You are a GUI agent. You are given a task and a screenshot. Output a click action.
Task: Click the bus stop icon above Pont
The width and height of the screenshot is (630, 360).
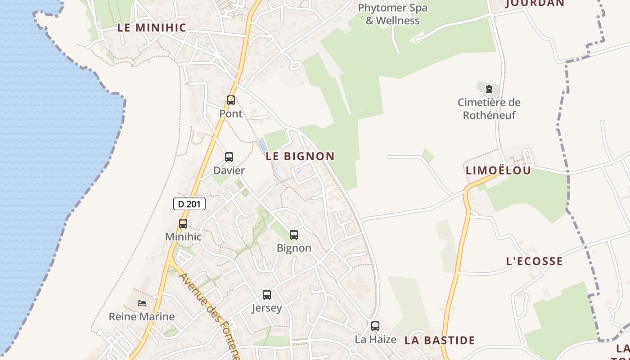[231, 100]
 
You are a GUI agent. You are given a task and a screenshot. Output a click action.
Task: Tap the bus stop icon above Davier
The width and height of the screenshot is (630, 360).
[229, 157]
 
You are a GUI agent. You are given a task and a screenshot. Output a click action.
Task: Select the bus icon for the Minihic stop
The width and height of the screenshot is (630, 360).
[183, 223]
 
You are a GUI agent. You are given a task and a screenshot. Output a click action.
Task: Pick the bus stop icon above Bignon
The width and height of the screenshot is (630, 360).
[294, 234]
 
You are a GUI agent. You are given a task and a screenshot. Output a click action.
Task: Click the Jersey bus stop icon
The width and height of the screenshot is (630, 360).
[267, 295]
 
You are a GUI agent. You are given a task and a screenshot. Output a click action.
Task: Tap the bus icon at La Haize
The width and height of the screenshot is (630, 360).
[375, 326]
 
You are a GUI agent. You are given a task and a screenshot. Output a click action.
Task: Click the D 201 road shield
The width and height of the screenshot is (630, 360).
[189, 204]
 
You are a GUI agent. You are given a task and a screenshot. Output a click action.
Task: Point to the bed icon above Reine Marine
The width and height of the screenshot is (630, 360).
[142, 303]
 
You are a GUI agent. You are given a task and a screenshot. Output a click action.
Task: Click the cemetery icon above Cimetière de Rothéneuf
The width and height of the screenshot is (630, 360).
[489, 89]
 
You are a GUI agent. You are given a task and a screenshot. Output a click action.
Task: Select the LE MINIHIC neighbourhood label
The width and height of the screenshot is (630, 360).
[152, 27]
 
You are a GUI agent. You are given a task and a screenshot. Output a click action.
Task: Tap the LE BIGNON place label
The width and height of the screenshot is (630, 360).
[300, 156]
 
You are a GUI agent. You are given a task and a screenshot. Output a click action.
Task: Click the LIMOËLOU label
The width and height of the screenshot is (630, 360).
[498, 170]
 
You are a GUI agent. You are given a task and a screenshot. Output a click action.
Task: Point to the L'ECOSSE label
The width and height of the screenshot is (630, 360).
[534, 261]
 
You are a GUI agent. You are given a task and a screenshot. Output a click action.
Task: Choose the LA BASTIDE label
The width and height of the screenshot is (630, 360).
[440, 340]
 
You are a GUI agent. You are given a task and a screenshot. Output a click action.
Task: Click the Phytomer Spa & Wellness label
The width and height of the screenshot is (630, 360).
[392, 14]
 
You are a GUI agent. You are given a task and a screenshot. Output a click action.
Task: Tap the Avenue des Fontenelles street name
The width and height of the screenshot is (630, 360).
[210, 315]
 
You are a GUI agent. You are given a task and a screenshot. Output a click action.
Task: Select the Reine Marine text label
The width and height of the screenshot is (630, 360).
[142, 316]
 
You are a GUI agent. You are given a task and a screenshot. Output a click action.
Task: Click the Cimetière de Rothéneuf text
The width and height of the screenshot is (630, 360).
[489, 108]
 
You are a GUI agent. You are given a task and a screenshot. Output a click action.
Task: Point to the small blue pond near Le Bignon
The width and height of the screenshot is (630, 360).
[261, 145]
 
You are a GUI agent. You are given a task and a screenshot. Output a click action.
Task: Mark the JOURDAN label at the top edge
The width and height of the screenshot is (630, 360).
[535, 3]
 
